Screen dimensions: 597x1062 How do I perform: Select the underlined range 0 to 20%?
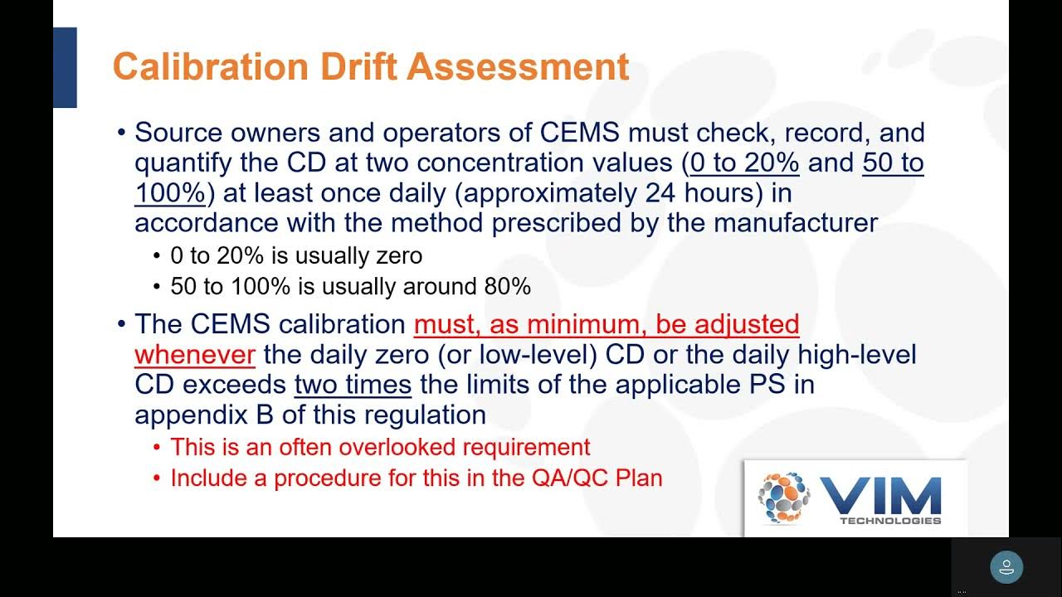pyautogui.click(x=744, y=163)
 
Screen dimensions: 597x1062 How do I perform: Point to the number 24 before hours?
pyautogui.click(x=661, y=193)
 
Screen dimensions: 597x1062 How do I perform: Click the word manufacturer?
pyautogui.click(x=795, y=223)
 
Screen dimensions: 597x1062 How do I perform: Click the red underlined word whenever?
pyautogui.click(x=194, y=355)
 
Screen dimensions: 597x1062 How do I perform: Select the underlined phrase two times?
pyautogui.click(x=353, y=385)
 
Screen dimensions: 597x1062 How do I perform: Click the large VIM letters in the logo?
pyautogui.click(x=880, y=495)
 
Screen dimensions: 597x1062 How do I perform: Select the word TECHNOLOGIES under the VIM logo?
pyautogui.click(x=890, y=521)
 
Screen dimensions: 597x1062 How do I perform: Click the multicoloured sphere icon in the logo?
pyautogui.click(x=783, y=498)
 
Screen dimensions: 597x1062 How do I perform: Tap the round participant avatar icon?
pyautogui.click(x=1006, y=568)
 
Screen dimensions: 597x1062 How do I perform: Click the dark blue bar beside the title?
pyautogui.click(x=65, y=67)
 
